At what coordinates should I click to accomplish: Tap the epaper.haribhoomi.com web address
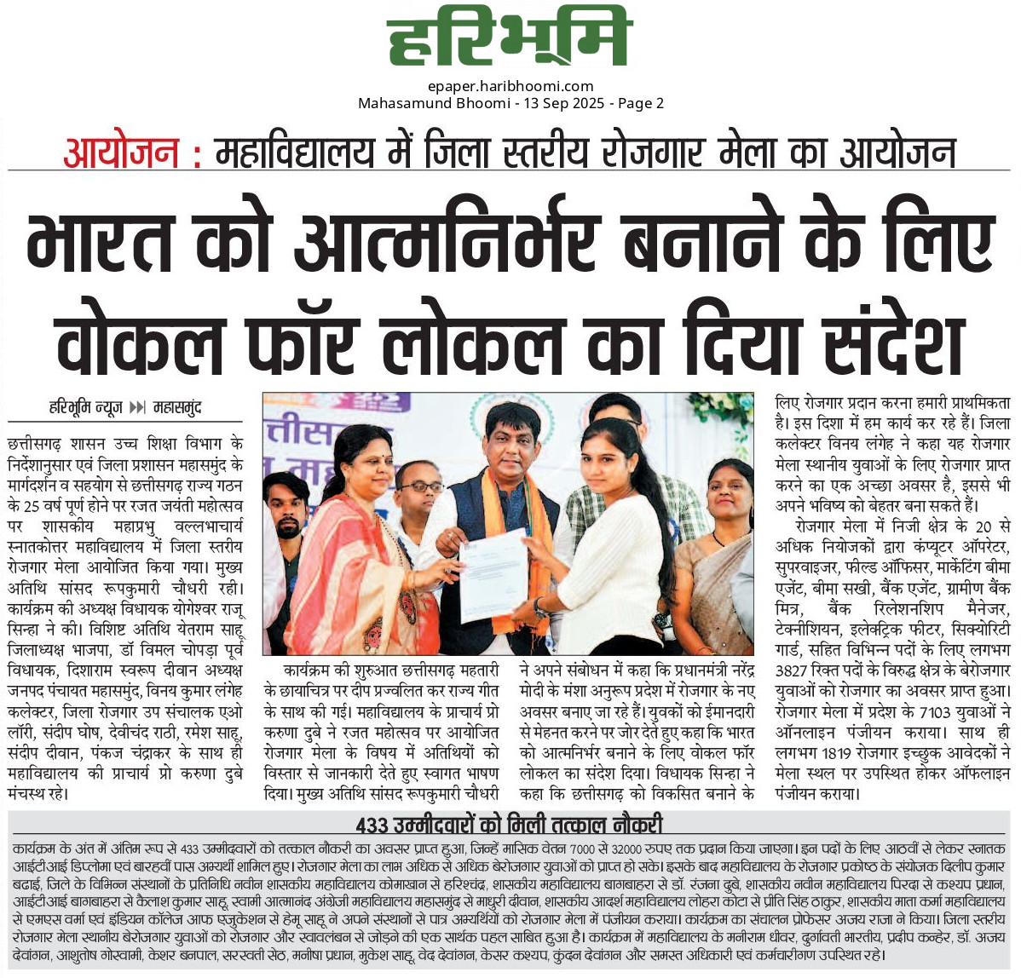click(x=510, y=86)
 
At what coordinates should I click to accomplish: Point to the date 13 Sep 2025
click(x=563, y=104)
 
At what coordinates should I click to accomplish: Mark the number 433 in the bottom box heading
click(x=372, y=825)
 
